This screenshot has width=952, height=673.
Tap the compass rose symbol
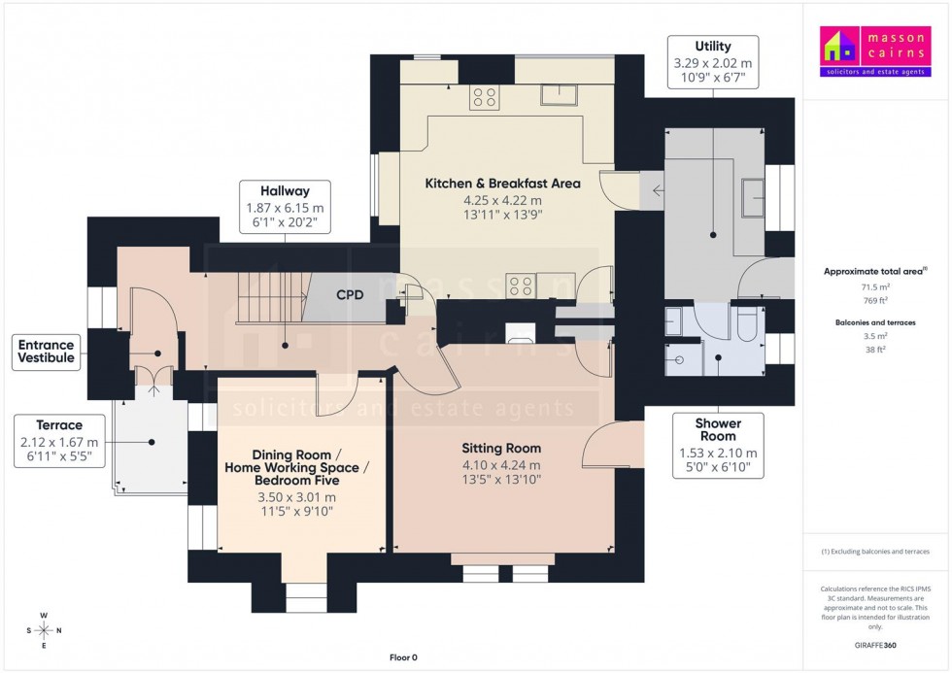44,630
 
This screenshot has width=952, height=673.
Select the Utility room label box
713,62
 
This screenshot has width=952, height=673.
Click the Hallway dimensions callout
285,206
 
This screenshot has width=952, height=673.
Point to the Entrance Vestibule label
46,352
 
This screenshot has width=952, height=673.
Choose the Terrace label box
58,441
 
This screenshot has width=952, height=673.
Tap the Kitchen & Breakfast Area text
502,184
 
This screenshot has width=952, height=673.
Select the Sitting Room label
501,449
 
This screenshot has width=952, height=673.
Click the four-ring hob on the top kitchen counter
484,97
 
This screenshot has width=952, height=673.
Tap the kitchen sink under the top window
560,94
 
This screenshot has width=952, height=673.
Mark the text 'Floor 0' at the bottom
403,657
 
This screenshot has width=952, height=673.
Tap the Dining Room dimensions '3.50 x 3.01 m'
297,497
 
